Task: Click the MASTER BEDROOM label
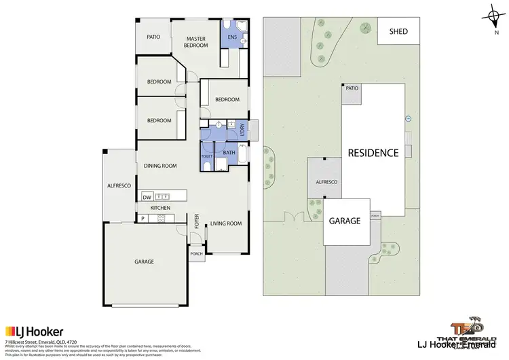click(196, 43)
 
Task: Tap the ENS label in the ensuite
click(231, 37)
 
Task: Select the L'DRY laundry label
click(244, 128)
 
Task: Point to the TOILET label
click(206, 156)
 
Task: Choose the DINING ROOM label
click(160, 166)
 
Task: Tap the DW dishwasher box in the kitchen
click(147, 196)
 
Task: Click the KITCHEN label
click(160, 208)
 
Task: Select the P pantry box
click(143, 219)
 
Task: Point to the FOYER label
click(197, 221)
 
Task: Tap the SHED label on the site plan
click(399, 31)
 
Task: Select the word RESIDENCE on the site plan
click(373, 153)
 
